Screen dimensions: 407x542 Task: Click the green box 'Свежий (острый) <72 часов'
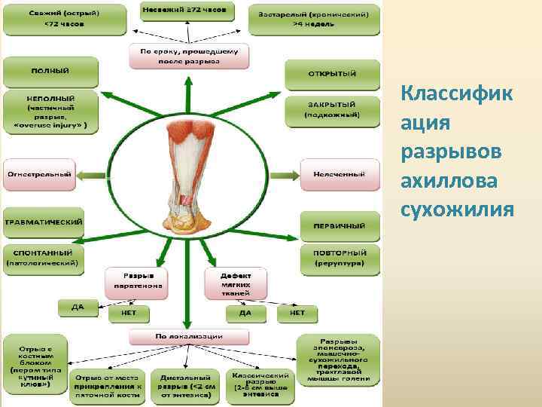coord(53,18)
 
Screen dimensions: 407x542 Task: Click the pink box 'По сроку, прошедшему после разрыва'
coord(188,55)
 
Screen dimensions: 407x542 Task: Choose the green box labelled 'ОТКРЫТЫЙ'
coord(332,73)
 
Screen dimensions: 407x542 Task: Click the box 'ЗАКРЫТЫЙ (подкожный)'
coord(331,109)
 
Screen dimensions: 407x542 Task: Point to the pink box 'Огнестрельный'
coord(38,174)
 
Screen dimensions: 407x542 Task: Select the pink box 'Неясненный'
coord(339,174)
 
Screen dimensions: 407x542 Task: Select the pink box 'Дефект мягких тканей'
coord(236,280)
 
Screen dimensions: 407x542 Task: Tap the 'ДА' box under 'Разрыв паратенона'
coord(78,308)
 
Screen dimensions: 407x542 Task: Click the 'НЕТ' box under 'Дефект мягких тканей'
coord(297,311)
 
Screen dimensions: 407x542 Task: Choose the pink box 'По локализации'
coord(188,336)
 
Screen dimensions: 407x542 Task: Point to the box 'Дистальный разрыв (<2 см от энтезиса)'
coord(185,384)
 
